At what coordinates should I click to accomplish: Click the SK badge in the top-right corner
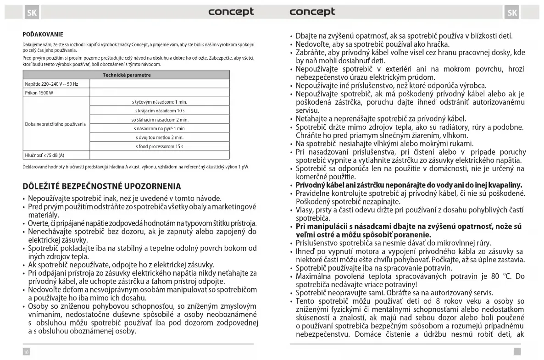point(512,12)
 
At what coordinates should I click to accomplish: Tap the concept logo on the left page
point(231,12)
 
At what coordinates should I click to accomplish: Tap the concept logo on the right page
point(312,12)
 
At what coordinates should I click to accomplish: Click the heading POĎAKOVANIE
point(43,34)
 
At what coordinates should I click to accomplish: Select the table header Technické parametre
point(127,75)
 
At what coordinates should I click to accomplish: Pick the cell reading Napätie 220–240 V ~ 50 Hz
point(51,84)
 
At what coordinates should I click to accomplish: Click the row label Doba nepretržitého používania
point(56,124)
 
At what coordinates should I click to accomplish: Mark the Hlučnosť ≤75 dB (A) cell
point(44,155)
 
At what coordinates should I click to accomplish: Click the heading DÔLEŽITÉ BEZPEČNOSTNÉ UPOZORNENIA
point(102,186)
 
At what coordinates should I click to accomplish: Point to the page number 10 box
point(27,351)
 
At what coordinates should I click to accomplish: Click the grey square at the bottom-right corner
point(517,351)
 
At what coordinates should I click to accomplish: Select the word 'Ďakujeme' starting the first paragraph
point(32,44)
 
